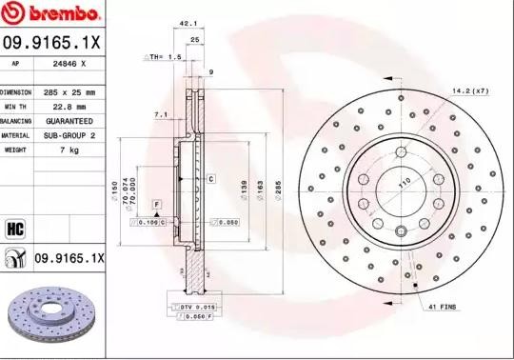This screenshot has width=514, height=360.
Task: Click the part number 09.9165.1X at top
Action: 52,42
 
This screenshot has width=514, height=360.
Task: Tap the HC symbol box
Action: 15,228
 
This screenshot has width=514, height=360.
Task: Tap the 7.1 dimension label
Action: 161,115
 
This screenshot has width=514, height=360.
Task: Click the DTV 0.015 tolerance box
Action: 196,308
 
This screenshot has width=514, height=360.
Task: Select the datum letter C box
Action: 211,178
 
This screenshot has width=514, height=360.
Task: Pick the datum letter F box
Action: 155,203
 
